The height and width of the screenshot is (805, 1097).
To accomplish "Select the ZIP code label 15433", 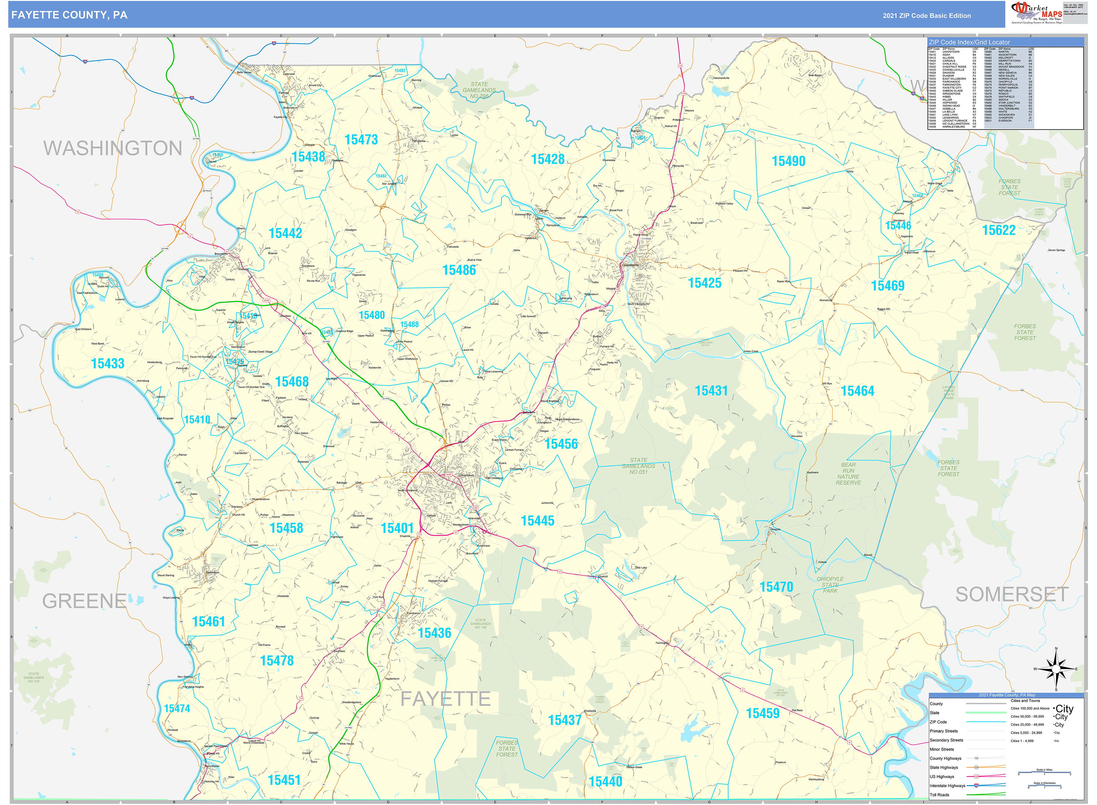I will [x=108, y=363].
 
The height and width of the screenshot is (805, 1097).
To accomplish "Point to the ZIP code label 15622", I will [x=998, y=230].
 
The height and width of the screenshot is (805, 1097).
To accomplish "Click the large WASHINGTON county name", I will [x=113, y=148].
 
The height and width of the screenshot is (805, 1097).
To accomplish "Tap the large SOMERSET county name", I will [x=1012, y=594].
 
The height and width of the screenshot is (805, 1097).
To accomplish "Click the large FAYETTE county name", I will [x=445, y=699].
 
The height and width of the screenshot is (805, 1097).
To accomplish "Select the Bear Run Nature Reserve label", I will [x=848, y=474].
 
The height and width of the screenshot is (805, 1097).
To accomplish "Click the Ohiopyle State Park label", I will [x=830, y=585].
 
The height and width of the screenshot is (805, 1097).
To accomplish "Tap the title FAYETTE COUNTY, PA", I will [x=69, y=15].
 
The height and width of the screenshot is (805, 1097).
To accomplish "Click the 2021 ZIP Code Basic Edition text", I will [x=926, y=15].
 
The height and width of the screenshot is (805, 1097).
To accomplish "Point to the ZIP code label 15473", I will [x=361, y=140].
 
